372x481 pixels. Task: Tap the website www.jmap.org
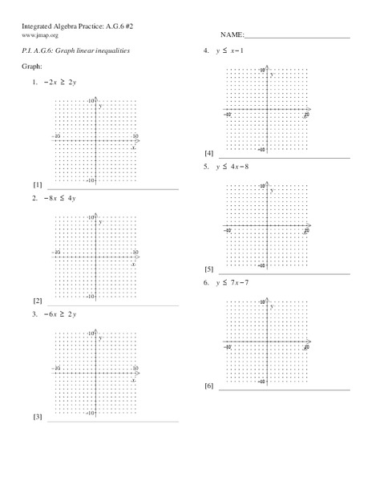click(x=39, y=36)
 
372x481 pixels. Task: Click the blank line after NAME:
click(x=296, y=37)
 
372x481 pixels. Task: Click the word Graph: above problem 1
click(x=32, y=67)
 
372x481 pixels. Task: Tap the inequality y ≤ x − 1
click(x=234, y=51)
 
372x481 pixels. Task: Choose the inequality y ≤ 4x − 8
click(x=234, y=167)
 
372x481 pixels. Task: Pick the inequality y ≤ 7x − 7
click(x=234, y=283)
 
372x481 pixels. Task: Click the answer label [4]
click(x=209, y=153)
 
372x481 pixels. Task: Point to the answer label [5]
click(x=209, y=269)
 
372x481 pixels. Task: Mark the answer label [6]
click(x=209, y=386)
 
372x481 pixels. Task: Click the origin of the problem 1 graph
click(x=96, y=141)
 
